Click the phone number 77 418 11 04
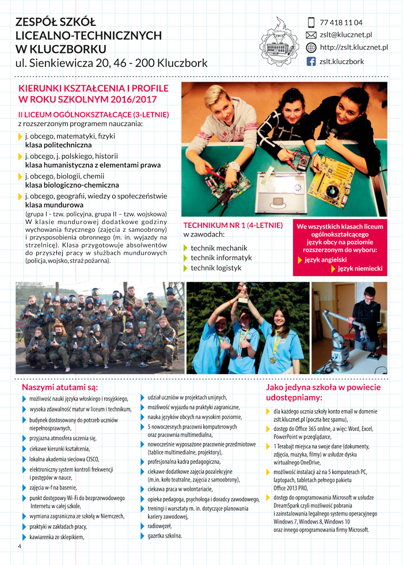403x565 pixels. [341, 22]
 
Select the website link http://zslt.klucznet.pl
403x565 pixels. [353, 48]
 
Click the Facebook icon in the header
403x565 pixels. [311, 61]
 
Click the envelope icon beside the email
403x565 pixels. [311, 35]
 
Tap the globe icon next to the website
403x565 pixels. [311, 48]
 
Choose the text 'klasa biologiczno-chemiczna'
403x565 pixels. [72, 185]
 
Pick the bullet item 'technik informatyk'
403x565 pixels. [221, 258]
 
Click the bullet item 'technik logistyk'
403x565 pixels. [216, 268]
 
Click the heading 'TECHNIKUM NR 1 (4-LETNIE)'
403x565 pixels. [233, 225]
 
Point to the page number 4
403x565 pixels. [20, 547]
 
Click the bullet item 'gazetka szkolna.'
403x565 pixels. [165, 536]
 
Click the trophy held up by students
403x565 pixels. [242, 291]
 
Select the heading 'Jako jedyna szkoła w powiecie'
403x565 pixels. [323, 387]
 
